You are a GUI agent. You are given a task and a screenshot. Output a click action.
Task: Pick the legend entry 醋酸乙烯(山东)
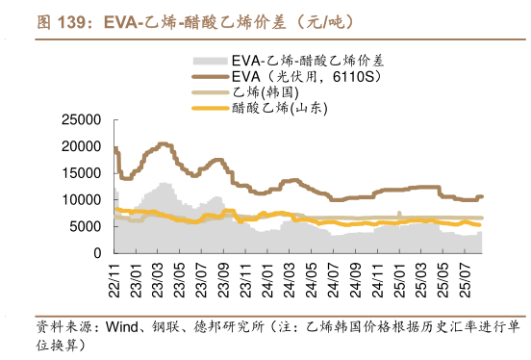(279, 109)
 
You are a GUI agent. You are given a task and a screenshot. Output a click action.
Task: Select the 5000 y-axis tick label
(84, 226)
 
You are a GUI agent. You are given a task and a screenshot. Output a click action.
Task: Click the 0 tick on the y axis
(97, 252)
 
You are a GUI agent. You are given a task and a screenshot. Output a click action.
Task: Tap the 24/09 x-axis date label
(348, 275)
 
